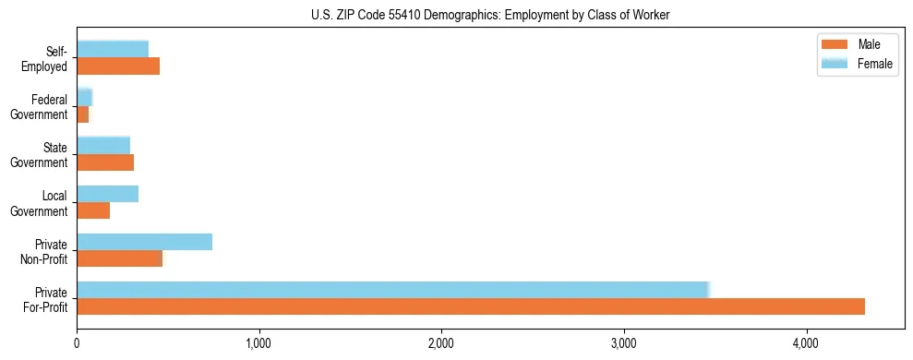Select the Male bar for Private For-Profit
pyautogui.click(x=471, y=306)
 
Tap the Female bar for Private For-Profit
pyautogui.click(x=392, y=290)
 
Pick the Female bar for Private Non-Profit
pyautogui.click(x=144, y=242)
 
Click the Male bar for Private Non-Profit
pyautogui.click(x=119, y=258)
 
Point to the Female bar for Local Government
pyautogui.click(x=107, y=194)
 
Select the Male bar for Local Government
pyautogui.click(x=93, y=210)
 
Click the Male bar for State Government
pyautogui.click(x=105, y=162)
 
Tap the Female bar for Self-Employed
pyautogui.click(x=113, y=49)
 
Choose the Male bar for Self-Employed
pyautogui.click(x=118, y=66)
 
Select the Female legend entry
pyautogui.click(x=874, y=63)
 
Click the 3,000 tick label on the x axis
pyautogui.click(x=624, y=344)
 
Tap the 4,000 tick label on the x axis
pyautogui.click(x=807, y=344)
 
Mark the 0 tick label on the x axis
pyautogui.click(x=78, y=344)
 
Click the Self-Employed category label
pyautogui.click(x=48, y=58)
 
